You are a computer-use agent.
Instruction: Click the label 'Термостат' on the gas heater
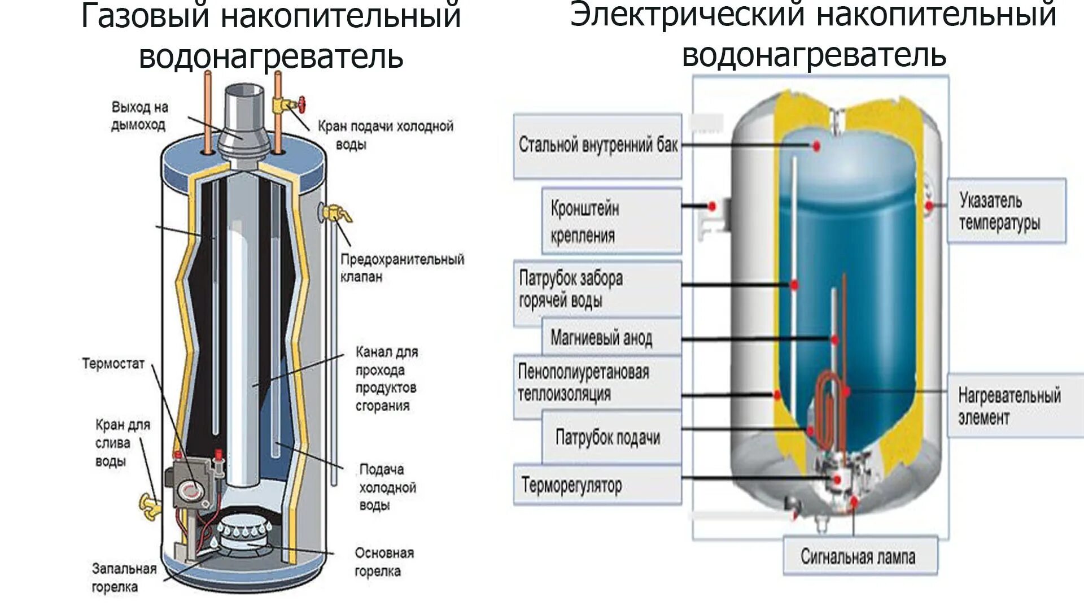113,363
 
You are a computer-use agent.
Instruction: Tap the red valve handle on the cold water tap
302,104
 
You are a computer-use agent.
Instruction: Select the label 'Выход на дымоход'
139,116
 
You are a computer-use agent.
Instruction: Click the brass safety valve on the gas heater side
335,212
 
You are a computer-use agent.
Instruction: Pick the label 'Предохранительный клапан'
402,268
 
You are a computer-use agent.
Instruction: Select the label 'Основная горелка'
384,561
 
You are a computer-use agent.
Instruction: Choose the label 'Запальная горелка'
124,577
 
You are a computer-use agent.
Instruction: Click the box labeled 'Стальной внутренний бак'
597,146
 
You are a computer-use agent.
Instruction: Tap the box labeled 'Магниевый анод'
601,338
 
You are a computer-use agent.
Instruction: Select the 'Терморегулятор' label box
597,485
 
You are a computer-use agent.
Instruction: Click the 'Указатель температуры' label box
1006,211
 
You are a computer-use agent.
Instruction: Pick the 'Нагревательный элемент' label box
1009,406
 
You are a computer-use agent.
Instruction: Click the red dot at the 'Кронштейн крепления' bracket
713,206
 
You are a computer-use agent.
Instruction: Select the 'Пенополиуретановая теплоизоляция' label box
597,383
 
